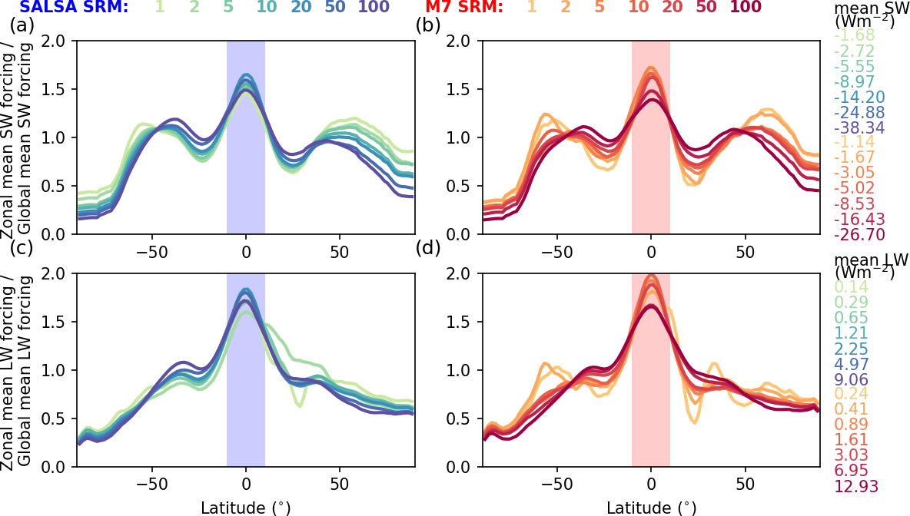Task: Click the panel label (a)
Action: (x=22, y=25)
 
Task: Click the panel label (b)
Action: (x=428, y=25)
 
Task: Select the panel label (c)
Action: (x=22, y=250)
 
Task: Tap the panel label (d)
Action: (x=428, y=250)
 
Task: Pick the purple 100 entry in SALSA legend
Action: (x=374, y=8)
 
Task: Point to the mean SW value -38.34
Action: (x=859, y=129)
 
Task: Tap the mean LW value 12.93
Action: (x=856, y=486)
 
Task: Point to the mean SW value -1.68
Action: (x=859, y=37)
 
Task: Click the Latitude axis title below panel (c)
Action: (x=245, y=507)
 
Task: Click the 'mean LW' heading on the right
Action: (x=872, y=260)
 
